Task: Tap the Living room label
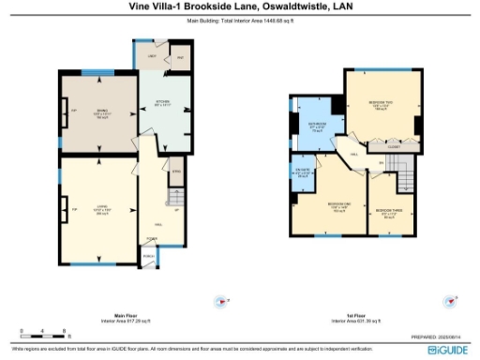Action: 101,210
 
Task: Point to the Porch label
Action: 147,255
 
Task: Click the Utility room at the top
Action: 153,57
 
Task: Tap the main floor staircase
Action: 174,197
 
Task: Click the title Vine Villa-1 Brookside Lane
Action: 239,6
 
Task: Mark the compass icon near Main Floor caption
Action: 221,301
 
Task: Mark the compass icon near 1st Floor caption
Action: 450,301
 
